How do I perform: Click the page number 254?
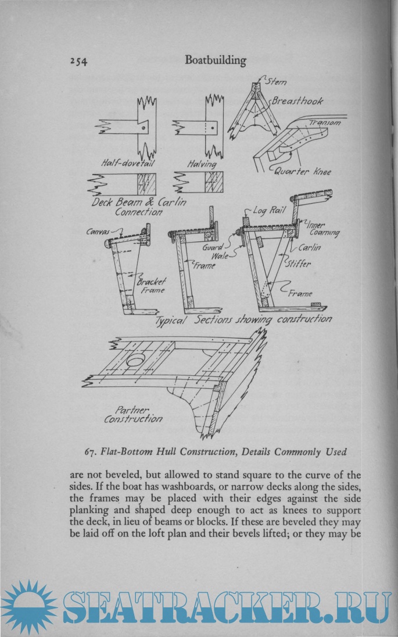point(78,62)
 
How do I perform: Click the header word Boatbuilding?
point(215,60)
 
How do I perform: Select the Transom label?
point(325,123)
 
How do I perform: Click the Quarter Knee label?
point(302,172)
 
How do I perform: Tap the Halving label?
point(201,165)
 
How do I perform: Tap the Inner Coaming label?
point(323,229)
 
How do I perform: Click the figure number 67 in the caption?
point(91,451)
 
